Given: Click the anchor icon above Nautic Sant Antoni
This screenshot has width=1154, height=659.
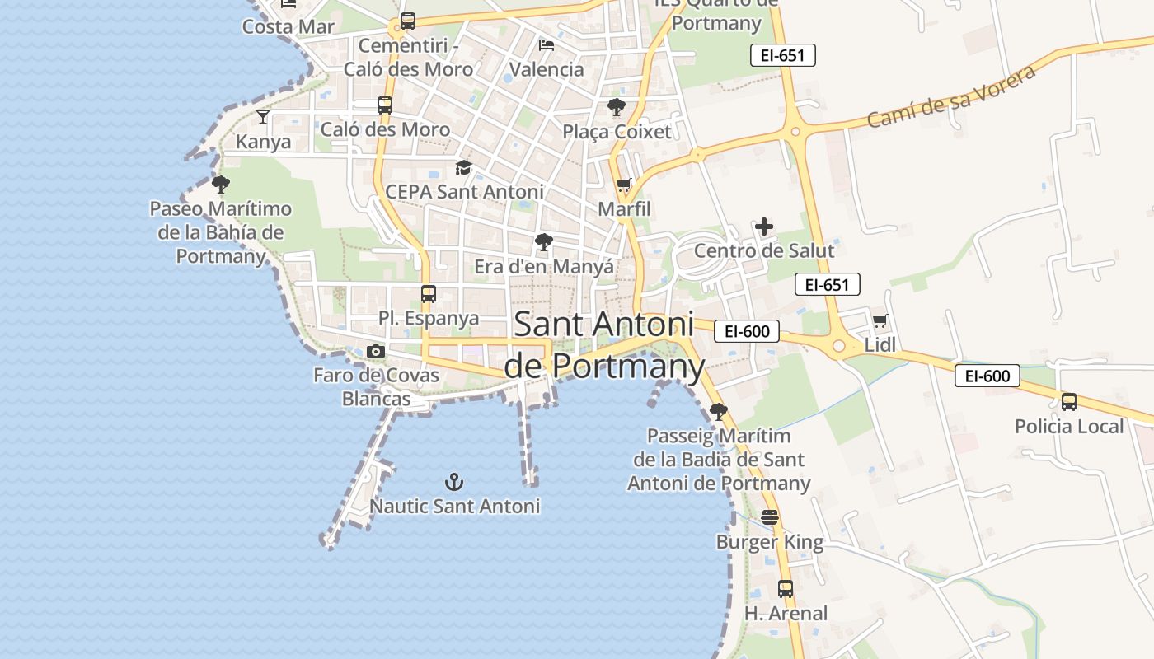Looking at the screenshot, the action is [454, 482].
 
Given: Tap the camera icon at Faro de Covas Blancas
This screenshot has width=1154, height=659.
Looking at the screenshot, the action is [376, 352].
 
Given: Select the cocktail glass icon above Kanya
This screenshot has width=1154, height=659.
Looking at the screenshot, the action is [263, 117].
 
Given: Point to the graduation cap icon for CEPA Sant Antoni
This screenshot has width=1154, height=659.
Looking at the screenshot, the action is [464, 168].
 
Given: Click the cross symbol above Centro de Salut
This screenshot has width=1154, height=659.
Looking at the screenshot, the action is [764, 227].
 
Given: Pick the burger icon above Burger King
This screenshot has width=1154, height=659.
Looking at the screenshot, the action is [770, 517].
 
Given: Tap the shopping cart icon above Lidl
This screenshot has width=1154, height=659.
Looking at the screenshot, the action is [880, 321].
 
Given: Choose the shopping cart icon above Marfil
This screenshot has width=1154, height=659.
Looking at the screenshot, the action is [624, 185].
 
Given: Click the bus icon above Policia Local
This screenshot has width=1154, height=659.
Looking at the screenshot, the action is [1069, 402].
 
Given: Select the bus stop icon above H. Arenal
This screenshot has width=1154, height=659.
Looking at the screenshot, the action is [786, 589].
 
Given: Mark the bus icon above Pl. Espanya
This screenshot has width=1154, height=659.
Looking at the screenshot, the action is [429, 294].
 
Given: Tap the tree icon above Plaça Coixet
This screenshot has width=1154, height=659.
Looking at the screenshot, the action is [616, 107].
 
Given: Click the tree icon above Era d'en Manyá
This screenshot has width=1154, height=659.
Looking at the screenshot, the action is [543, 242].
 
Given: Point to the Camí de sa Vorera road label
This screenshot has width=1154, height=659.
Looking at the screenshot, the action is [951, 96].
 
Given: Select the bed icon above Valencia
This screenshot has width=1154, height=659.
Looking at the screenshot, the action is [547, 45].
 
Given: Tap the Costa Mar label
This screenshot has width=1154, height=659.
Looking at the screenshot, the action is [288, 26].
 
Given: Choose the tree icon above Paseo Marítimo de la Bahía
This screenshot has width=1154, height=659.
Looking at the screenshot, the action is [220, 184].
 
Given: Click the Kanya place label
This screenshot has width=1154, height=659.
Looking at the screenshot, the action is [264, 142].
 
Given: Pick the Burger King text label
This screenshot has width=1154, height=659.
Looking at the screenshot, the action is [770, 542].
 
